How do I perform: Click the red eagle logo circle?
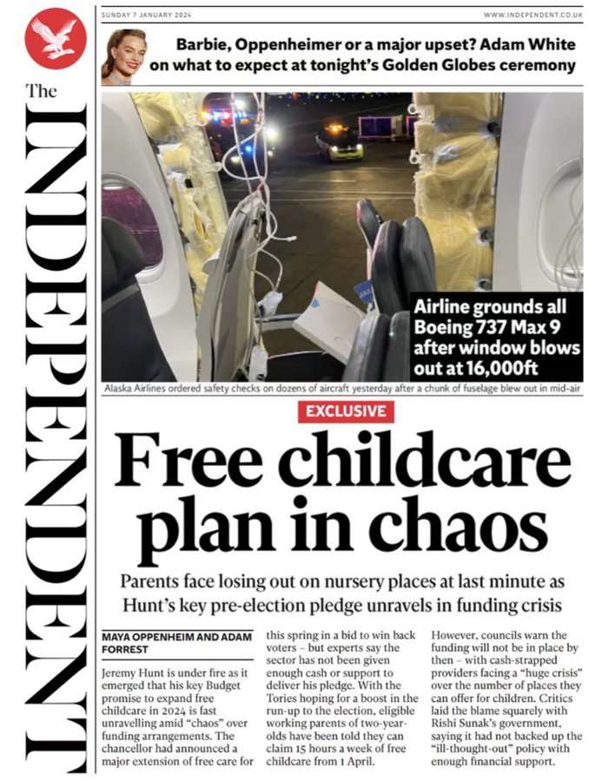(x=55, y=38)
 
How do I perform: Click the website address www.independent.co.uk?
(x=533, y=15)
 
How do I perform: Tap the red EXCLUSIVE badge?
(x=345, y=410)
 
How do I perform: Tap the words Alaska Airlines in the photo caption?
(x=142, y=389)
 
